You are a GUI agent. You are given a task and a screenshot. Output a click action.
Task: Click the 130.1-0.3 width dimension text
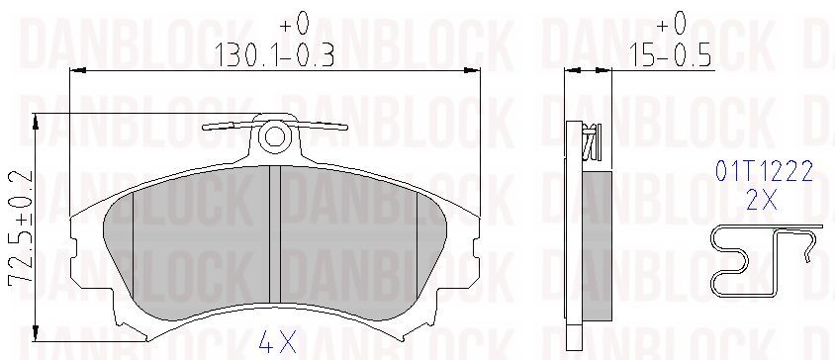tap(274, 54)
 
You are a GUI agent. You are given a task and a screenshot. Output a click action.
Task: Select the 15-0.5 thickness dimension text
tap(670, 54)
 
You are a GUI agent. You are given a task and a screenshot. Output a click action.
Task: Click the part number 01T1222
tap(764, 172)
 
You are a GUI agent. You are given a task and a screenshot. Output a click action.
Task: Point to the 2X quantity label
tap(762, 200)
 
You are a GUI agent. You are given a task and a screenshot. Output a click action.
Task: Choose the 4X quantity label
tap(277, 341)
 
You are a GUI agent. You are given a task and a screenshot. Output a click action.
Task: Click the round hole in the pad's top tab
tap(274, 135)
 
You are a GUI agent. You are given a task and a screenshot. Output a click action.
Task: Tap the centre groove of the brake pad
tap(274, 234)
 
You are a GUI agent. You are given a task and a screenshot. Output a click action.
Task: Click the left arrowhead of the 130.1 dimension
tap(78, 70)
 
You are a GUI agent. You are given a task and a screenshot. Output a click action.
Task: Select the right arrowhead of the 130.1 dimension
tap(472, 70)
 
